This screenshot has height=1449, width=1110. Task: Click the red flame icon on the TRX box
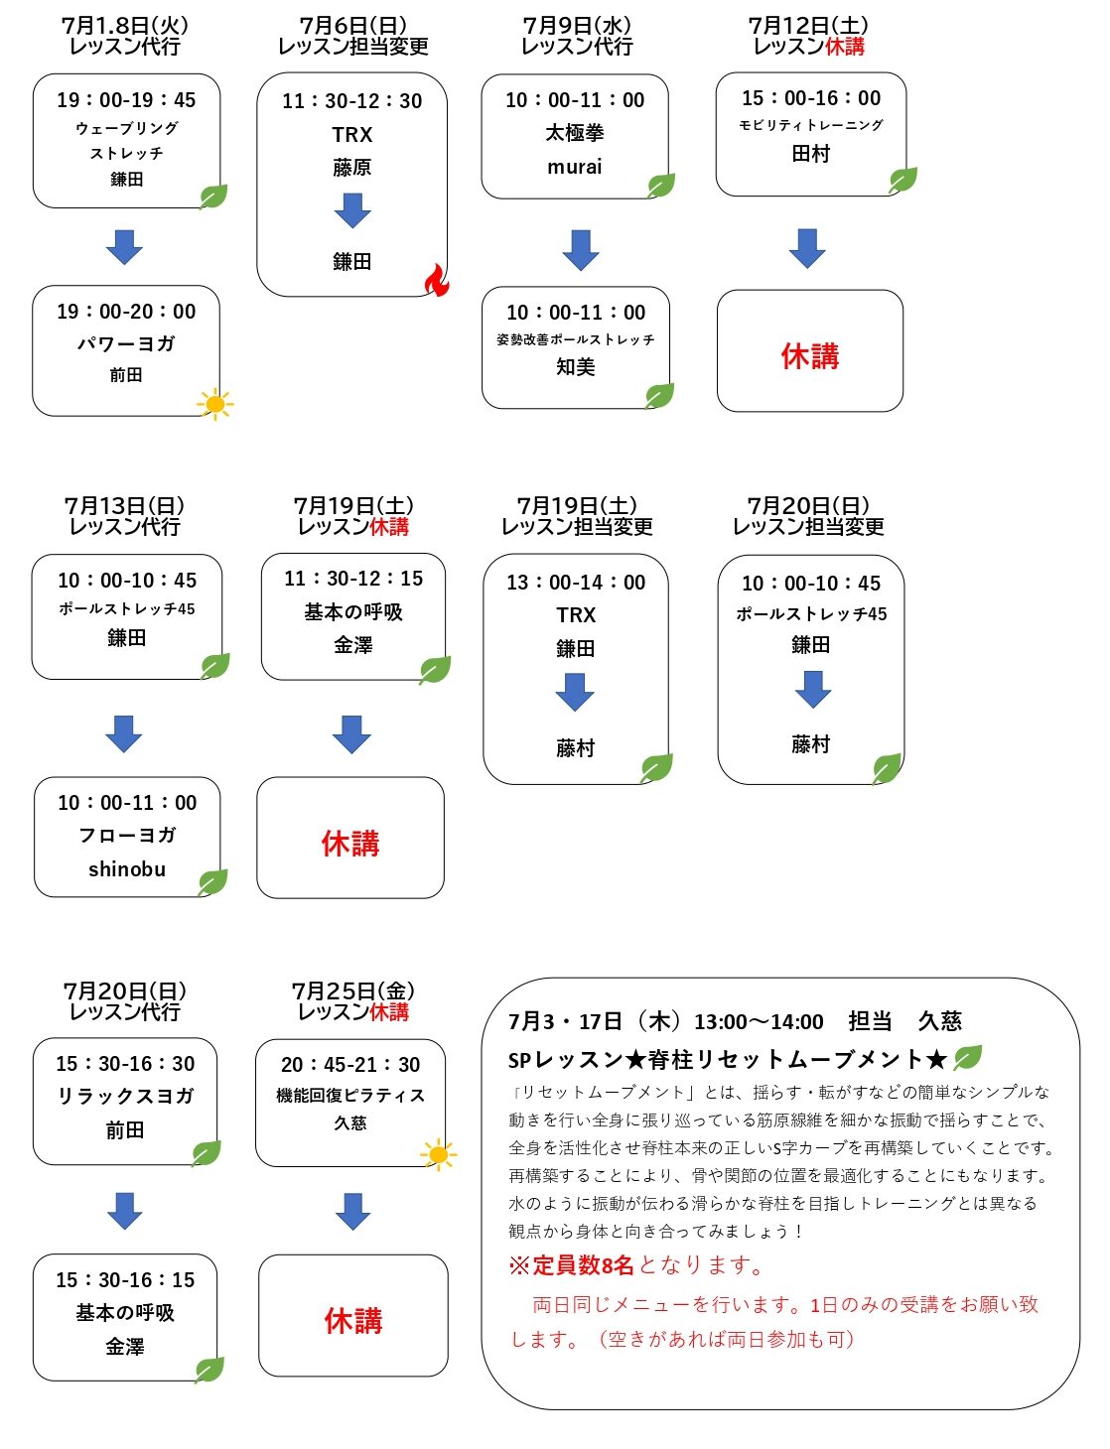437,280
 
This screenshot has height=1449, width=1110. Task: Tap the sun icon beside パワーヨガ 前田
214,404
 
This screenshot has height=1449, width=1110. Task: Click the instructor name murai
574,167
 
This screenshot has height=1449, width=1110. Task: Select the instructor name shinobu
127,868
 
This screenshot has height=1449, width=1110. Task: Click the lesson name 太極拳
574,133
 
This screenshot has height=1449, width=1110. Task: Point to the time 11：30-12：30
351,100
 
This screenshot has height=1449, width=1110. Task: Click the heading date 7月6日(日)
352,26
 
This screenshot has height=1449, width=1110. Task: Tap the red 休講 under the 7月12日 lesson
810,356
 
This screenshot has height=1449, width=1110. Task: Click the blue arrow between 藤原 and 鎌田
352,210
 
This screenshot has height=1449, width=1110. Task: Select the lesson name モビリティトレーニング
810,125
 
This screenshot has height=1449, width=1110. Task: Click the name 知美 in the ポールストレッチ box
575,367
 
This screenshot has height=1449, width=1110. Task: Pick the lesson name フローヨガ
127,835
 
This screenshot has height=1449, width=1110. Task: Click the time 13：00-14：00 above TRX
576,583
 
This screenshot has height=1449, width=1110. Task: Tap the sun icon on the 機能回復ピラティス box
438,1153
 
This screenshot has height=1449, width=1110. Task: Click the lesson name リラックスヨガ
125,1096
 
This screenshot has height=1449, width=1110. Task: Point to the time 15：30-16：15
125,1279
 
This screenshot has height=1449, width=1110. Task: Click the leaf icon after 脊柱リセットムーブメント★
967,1057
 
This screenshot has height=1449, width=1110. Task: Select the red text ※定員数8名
571,1265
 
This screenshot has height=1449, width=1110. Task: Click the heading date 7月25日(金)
352,990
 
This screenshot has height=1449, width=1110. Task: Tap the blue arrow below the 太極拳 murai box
581,250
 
